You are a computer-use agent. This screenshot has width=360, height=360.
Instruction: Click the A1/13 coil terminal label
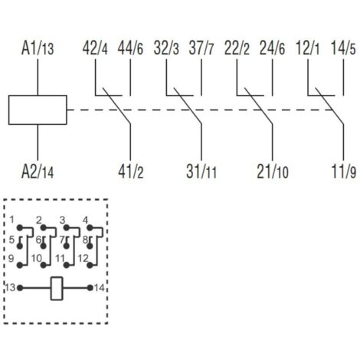tap(38, 48)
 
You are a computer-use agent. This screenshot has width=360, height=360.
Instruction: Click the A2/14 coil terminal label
tap(38, 172)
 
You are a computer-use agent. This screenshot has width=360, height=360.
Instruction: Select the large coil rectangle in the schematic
tap(38, 110)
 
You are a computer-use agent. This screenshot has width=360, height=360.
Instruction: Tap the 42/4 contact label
tap(95, 48)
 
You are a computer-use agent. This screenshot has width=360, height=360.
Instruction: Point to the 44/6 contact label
tap(130, 48)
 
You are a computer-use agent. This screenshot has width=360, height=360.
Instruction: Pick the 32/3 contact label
tap(166, 48)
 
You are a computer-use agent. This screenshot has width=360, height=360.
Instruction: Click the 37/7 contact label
tap(201, 48)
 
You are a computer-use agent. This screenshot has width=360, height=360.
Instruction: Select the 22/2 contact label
tap(237, 48)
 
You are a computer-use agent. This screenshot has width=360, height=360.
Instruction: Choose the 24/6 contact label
tap(272, 48)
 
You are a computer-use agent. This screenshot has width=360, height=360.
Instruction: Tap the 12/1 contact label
tap(307, 48)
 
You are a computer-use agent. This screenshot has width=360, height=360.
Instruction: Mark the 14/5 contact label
tap(343, 48)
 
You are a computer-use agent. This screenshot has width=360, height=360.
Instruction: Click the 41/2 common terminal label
tap(131, 172)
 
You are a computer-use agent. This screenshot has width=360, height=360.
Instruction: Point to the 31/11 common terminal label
tap(201, 172)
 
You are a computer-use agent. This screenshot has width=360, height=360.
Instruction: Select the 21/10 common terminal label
tap(273, 172)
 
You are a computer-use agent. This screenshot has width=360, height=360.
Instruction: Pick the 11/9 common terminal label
tap(343, 172)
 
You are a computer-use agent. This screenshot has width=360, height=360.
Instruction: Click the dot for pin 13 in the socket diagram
tap(20, 288)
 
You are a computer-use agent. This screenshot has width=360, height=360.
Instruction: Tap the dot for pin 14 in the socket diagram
tap(90, 288)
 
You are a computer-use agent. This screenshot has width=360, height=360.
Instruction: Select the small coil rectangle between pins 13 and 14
tap(57, 288)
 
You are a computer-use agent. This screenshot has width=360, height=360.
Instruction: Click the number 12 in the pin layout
tap(83, 259)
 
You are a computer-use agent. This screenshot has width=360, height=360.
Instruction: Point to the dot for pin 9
tap(20, 265)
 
